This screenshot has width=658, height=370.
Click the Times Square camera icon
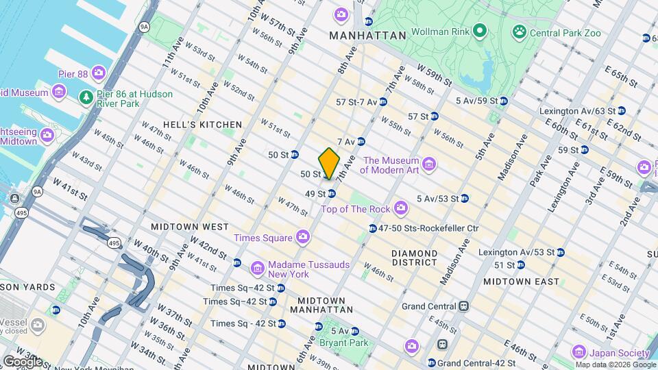[x=303, y=237]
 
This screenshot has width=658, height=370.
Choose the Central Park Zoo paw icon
[x=519, y=32]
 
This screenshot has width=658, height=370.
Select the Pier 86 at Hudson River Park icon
[x=85, y=97]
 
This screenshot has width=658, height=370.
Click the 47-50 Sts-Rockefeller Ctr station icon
[x=372, y=228]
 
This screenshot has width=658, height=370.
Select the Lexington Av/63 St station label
[x=576, y=110]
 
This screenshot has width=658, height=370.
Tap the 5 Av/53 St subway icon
[x=465, y=199]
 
